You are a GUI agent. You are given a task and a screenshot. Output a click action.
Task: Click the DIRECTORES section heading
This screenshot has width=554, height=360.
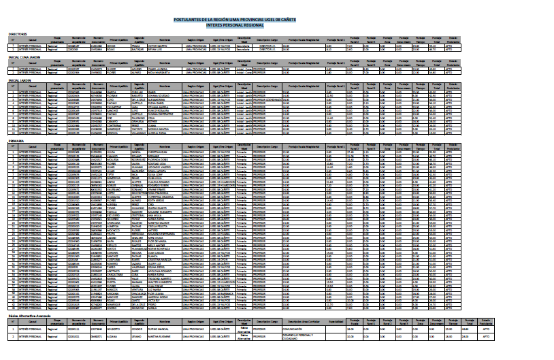(18, 33)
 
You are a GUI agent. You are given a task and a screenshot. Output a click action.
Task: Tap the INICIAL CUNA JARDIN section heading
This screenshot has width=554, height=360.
(23, 56)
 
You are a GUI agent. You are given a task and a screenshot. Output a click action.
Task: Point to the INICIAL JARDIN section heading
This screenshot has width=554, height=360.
(20, 80)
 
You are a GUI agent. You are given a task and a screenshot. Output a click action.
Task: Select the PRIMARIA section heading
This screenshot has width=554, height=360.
(16, 141)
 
